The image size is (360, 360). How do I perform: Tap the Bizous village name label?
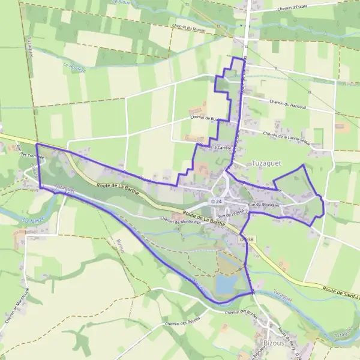[275, 343]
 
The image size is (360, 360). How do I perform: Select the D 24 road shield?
[217, 200]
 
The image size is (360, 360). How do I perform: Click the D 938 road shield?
[247, 239]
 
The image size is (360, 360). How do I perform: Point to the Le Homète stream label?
[74, 67]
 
